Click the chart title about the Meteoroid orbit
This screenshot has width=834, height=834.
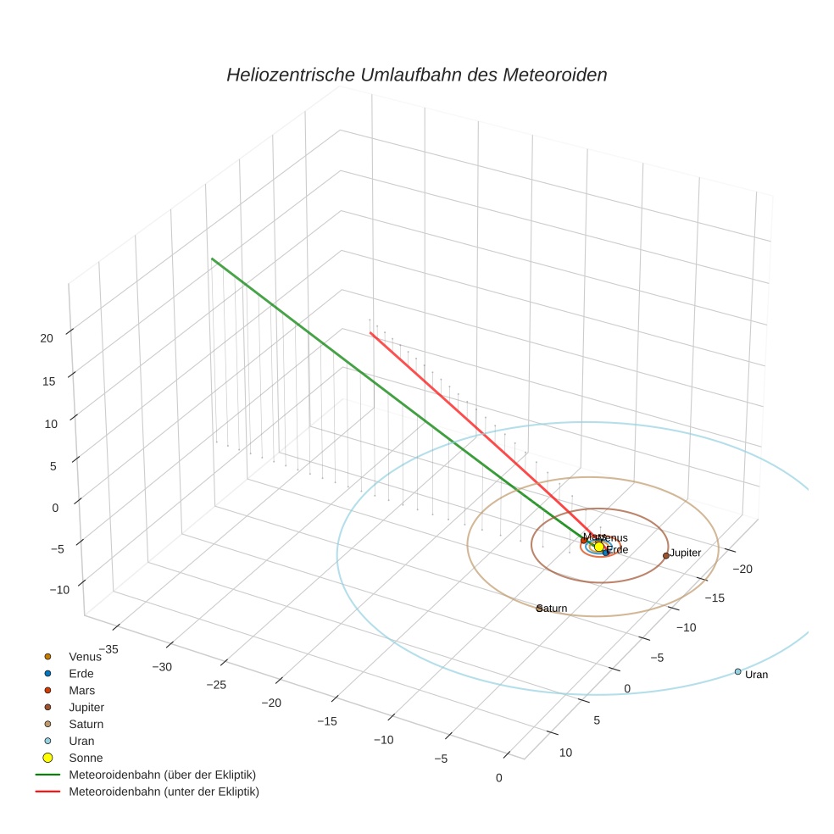pos(416,75)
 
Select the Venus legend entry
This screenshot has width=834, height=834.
pos(85,656)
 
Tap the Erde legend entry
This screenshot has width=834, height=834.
pos(82,673)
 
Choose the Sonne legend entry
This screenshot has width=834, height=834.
pos(86,758)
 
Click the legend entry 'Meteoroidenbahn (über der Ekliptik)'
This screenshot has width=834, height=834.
pos(162,775)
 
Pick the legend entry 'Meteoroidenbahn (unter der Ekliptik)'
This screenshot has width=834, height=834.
pos(164,792)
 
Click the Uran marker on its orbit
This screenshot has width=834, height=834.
pos(737,671)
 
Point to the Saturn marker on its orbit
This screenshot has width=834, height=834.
pos(539,608)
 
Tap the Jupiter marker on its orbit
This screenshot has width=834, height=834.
pos(666,555)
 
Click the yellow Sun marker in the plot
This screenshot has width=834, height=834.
pos(598,547)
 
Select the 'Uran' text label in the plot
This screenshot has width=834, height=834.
pos(756,675)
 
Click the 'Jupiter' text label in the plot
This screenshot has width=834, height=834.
pos(686,553)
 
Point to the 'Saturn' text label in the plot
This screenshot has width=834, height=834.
pos(553,609)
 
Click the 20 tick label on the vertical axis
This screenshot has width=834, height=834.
pos(47,337)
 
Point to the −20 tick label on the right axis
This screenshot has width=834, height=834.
pos(742,569)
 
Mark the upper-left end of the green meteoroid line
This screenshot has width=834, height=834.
pos(212,259)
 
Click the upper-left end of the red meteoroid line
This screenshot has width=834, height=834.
pos(370,333)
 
